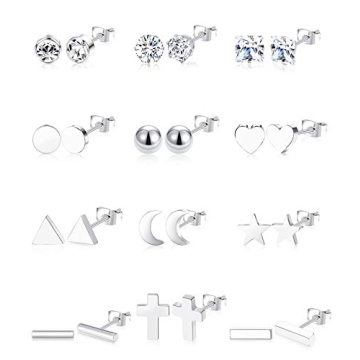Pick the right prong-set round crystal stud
pos(179,45)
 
